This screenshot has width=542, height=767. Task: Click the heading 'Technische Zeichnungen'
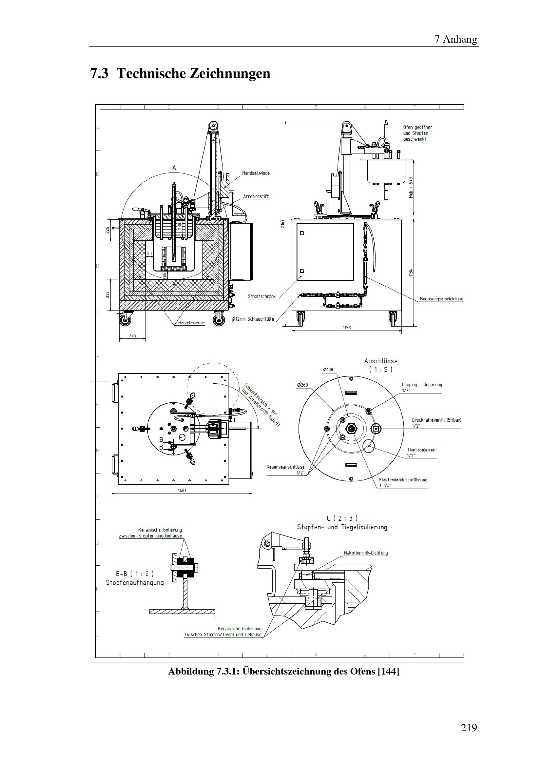pos(193,73)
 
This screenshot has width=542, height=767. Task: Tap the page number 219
pos(469,728)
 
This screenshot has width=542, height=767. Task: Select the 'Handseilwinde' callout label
pos(256,173)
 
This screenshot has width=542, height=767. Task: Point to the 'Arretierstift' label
pos(256,196)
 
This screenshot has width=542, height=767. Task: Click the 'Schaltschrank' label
pos(261,296)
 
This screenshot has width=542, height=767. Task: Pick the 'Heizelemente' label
pos(191,323)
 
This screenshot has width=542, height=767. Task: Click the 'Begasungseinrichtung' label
pos(441,299)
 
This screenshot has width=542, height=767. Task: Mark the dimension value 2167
pos(282,224)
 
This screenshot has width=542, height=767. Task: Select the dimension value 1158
pos(347,328)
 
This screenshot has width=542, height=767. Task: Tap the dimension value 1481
pos(182,490)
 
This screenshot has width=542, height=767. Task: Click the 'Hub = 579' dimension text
pos(411,188)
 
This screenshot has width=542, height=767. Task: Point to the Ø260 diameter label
pos(302,385)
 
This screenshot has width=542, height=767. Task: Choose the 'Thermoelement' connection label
pos(421,450)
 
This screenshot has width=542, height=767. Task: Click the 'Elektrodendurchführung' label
pos(403,480)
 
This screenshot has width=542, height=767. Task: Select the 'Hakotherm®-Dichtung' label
pos(366,553)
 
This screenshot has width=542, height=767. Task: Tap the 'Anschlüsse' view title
pos(381,361)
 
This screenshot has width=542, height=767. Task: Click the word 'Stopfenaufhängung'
pos(135,583)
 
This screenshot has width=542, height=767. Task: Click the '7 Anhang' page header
pos(455,39)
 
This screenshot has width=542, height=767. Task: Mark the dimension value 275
pos(132,335)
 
